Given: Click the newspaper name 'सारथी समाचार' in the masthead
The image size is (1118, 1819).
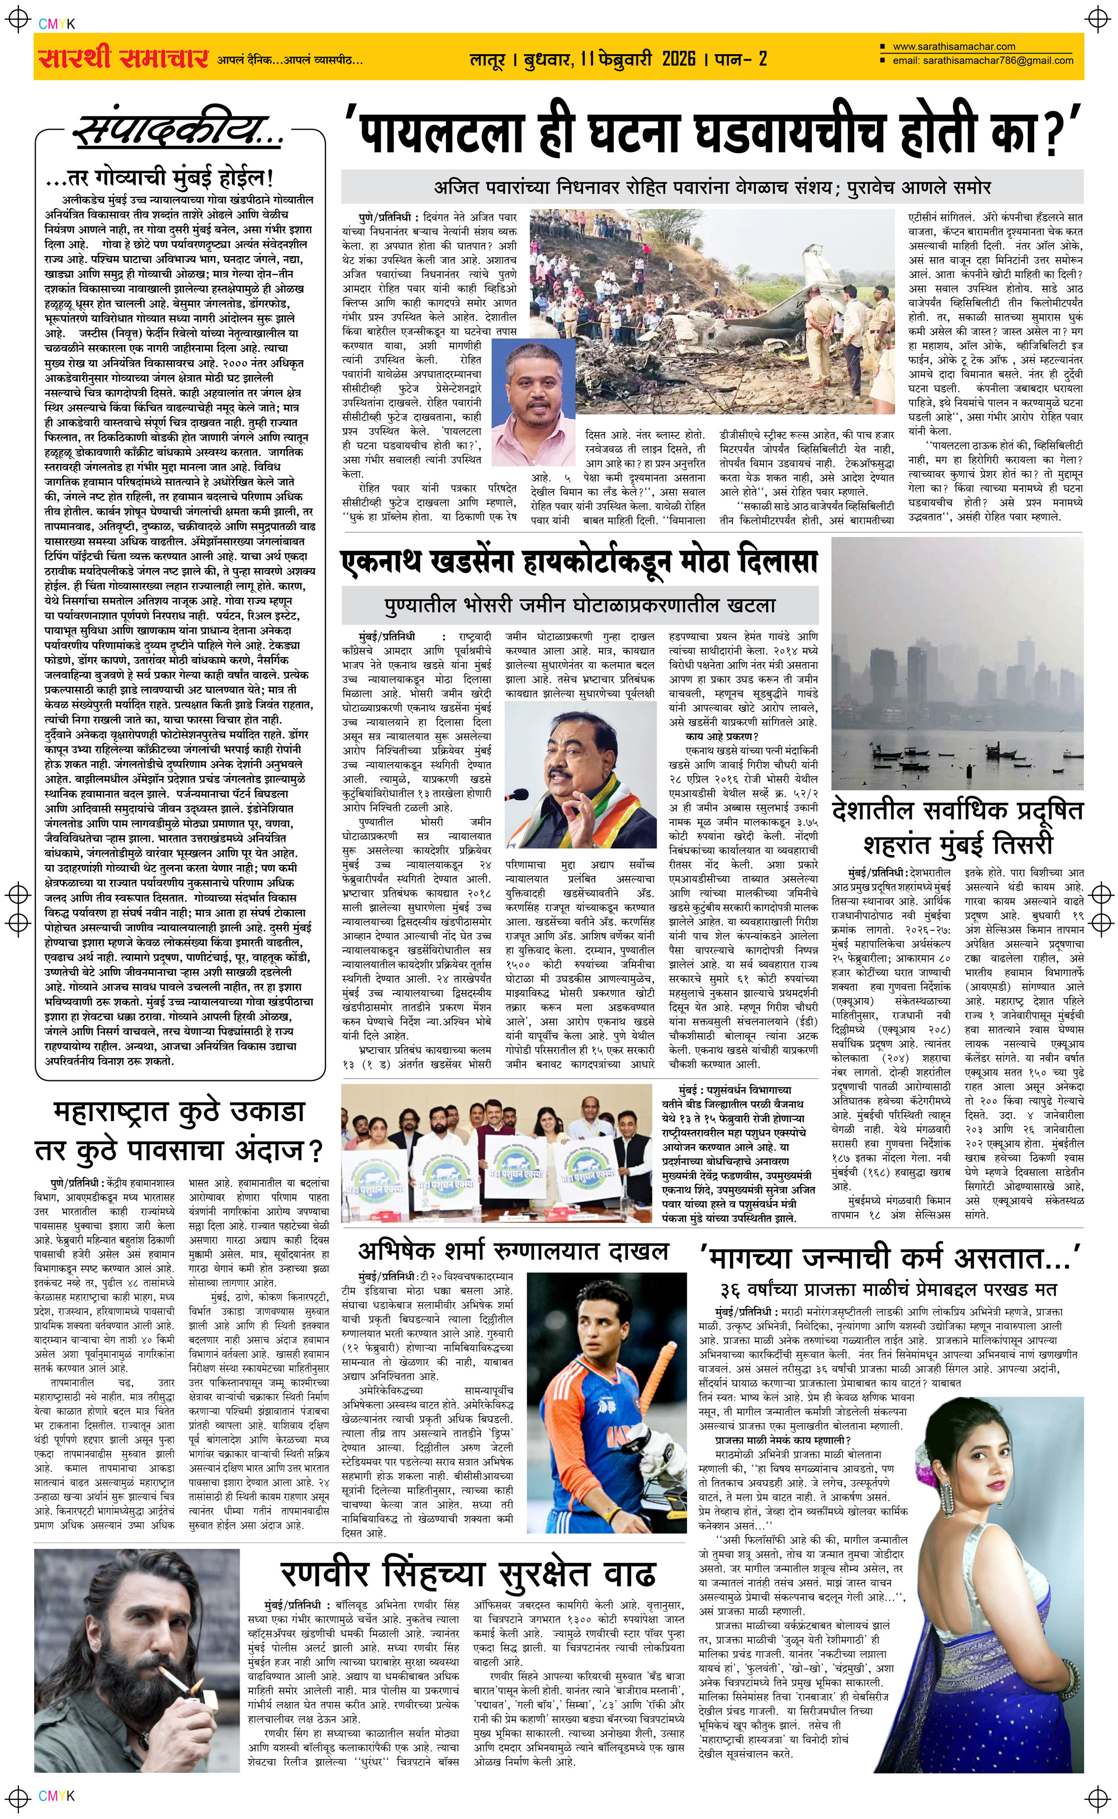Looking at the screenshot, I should [x=122, y=58].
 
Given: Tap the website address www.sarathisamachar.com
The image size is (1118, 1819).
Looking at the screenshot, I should [x=953, y=46].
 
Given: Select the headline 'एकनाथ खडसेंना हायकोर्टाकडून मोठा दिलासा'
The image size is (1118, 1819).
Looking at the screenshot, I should [x=580, y=562].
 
